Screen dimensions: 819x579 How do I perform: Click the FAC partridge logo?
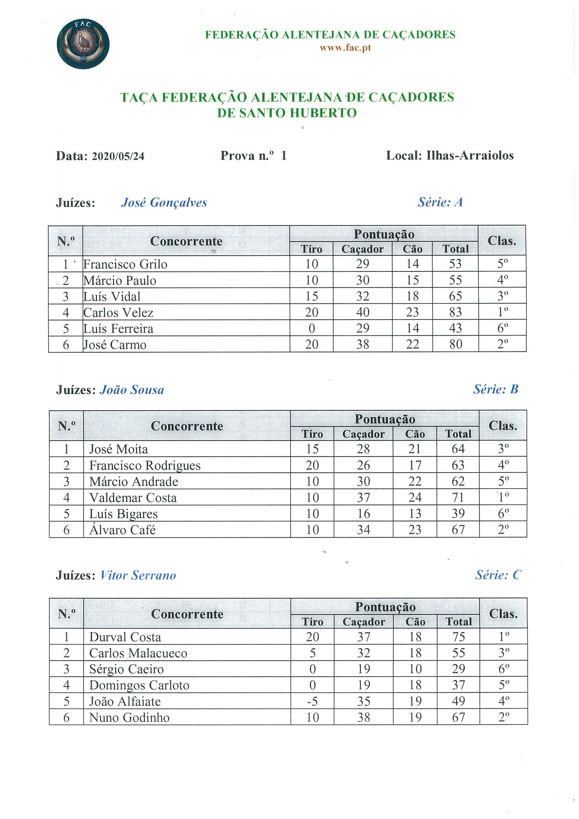[83, 44]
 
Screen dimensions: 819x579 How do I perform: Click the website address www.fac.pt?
[345, 48]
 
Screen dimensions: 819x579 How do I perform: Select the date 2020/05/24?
[118, 156]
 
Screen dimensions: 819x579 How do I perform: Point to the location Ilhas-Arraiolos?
[470, 155]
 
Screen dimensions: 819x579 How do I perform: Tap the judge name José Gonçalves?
[164, 203]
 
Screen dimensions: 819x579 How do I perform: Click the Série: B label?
[496, 389]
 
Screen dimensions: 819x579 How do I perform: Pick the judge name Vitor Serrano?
[138, 575]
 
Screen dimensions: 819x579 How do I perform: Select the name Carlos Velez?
[118, 313]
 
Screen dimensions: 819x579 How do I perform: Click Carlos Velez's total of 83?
[455, 313]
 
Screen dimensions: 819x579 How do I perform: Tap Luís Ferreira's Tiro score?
[312, 328]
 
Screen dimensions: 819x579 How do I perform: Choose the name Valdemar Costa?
[133, 498]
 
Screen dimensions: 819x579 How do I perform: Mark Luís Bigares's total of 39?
[458, 514]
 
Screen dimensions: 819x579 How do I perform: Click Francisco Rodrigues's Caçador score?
[363, 465]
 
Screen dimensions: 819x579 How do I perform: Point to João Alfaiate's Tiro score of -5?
[312, 701]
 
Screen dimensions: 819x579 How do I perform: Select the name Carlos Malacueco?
[138, 653]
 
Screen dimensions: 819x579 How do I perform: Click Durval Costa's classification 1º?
[503, 637]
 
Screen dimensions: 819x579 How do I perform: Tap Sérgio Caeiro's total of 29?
[459, 669]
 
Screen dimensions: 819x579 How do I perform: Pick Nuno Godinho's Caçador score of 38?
[363, 717]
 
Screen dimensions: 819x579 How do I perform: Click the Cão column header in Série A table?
[412, 249]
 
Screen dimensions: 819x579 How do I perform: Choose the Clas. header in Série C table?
[503, 614]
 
